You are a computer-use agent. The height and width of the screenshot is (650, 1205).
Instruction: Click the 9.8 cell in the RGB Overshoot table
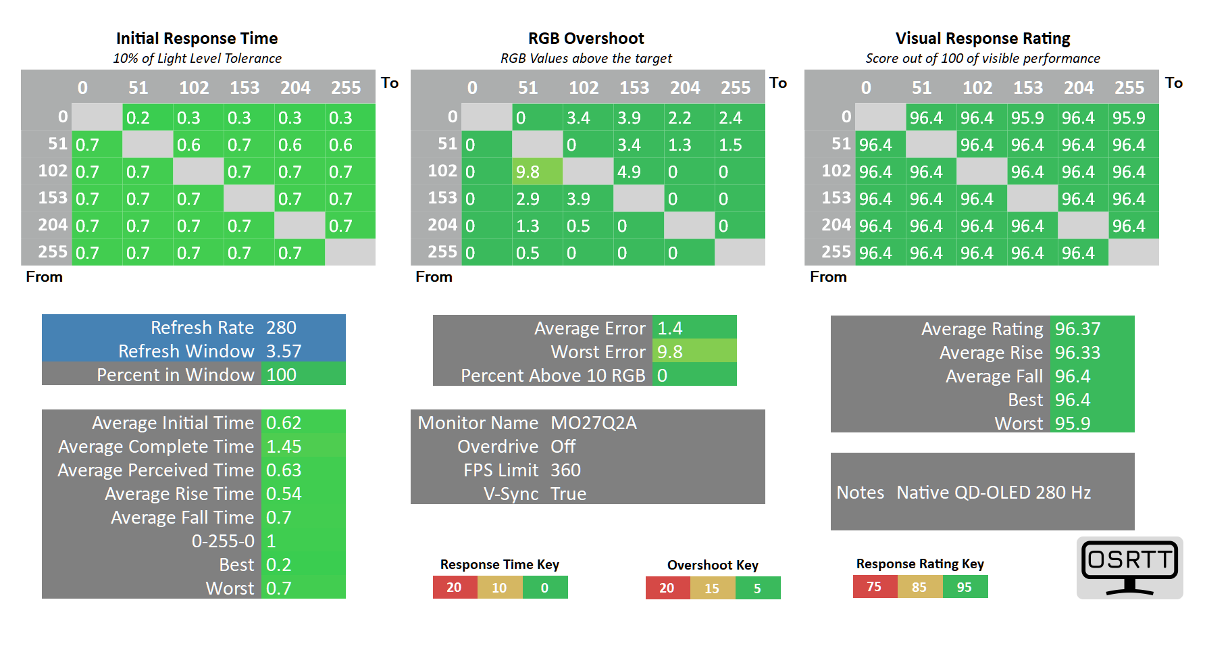[x=537, y=172]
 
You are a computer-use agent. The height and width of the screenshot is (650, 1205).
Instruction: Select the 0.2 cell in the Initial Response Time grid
[x=147, y=118]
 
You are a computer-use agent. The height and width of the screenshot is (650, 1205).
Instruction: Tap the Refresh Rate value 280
[x=282, y=328]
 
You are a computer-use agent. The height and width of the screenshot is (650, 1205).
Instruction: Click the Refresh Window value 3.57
[x=284, y=351]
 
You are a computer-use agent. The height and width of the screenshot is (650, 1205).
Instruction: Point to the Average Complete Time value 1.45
[x=284, y=447]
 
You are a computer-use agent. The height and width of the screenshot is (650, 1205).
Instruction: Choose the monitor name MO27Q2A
[x=594, y=423]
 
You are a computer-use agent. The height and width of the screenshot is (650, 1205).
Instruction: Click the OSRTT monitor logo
[x=1129, y=568]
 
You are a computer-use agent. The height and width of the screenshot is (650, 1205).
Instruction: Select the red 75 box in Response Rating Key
[x=875, y=586]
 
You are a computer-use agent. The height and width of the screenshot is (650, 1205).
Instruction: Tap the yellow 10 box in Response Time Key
[x=499, y=587]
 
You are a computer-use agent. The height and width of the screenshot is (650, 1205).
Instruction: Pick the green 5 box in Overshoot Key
[x=758, y=588]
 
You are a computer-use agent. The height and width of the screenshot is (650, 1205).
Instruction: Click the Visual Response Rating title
[x=983, y=39]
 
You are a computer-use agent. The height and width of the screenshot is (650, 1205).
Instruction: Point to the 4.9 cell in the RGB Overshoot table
[x=638, y=172]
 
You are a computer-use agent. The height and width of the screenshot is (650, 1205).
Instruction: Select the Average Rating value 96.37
[x=1078, y=329]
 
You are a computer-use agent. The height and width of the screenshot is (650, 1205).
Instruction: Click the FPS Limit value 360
[x=565, y=470]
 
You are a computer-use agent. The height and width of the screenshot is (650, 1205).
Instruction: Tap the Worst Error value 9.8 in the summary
[x=670, y=352]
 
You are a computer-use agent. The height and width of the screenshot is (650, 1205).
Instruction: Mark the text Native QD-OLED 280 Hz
[x=994, y=493]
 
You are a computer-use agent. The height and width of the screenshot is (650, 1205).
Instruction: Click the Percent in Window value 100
[x=282, y=375]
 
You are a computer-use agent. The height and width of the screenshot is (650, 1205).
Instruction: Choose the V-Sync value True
[x=568, y=494]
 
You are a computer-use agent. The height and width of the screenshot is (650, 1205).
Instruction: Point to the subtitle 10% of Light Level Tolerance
[x=197, y=58]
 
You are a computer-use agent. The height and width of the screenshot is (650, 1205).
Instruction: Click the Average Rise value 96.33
[x=1078, y=353]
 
